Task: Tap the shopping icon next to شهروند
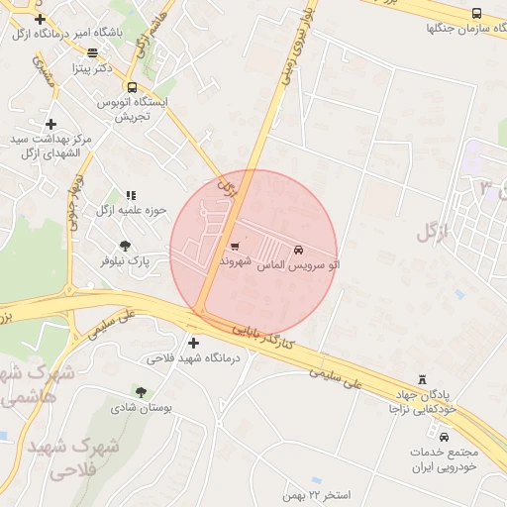[x=235, y=247]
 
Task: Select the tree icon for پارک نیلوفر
[x=125, y=247]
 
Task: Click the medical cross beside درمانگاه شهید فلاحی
[x=193, y=344]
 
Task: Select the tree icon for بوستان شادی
[x=140, y=392]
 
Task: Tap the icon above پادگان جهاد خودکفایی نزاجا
[x=423, y=380]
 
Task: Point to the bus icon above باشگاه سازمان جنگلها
[x=476, y=14]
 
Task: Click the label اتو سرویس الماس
[x=297, y=265]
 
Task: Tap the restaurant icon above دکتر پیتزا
[x=93, y=53]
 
